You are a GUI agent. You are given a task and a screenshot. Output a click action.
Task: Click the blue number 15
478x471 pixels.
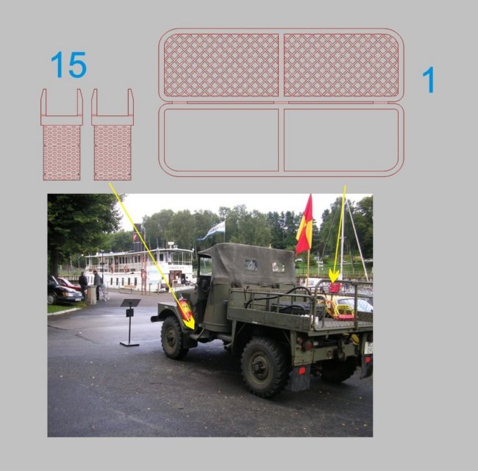coord(68,65)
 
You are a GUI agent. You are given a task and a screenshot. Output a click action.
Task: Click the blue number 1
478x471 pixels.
coord(429,79)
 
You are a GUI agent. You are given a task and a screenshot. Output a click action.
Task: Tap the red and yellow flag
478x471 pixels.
coord(304,226)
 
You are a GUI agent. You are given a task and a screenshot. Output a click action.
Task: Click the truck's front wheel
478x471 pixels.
coord(174,337)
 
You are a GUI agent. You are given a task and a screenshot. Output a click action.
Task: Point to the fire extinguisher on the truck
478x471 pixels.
coord(185,309)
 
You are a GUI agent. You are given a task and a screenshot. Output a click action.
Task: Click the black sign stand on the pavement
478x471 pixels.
coord(130,322)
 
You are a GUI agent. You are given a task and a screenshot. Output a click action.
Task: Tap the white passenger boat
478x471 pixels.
coord(139,268)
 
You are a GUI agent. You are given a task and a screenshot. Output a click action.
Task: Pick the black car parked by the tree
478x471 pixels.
coord(63,291)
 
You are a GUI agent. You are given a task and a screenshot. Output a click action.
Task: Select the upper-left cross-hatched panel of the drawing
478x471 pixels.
coord(221,65)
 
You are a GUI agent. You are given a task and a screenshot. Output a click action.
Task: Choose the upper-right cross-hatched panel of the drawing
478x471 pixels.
coord(341,65)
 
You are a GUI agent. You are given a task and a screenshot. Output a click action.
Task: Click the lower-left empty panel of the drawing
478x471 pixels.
coord(221,140)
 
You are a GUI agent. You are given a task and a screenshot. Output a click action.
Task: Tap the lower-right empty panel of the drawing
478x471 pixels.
coord(341,140)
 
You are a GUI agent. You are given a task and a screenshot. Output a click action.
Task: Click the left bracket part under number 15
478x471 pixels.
coord(62,134)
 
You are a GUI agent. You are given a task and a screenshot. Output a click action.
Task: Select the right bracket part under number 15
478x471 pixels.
coord(113,134)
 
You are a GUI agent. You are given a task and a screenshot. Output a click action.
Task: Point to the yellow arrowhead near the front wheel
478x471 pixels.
coord(190,323)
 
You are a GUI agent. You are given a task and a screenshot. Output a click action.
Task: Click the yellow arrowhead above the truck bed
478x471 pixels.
coord(334,277)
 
